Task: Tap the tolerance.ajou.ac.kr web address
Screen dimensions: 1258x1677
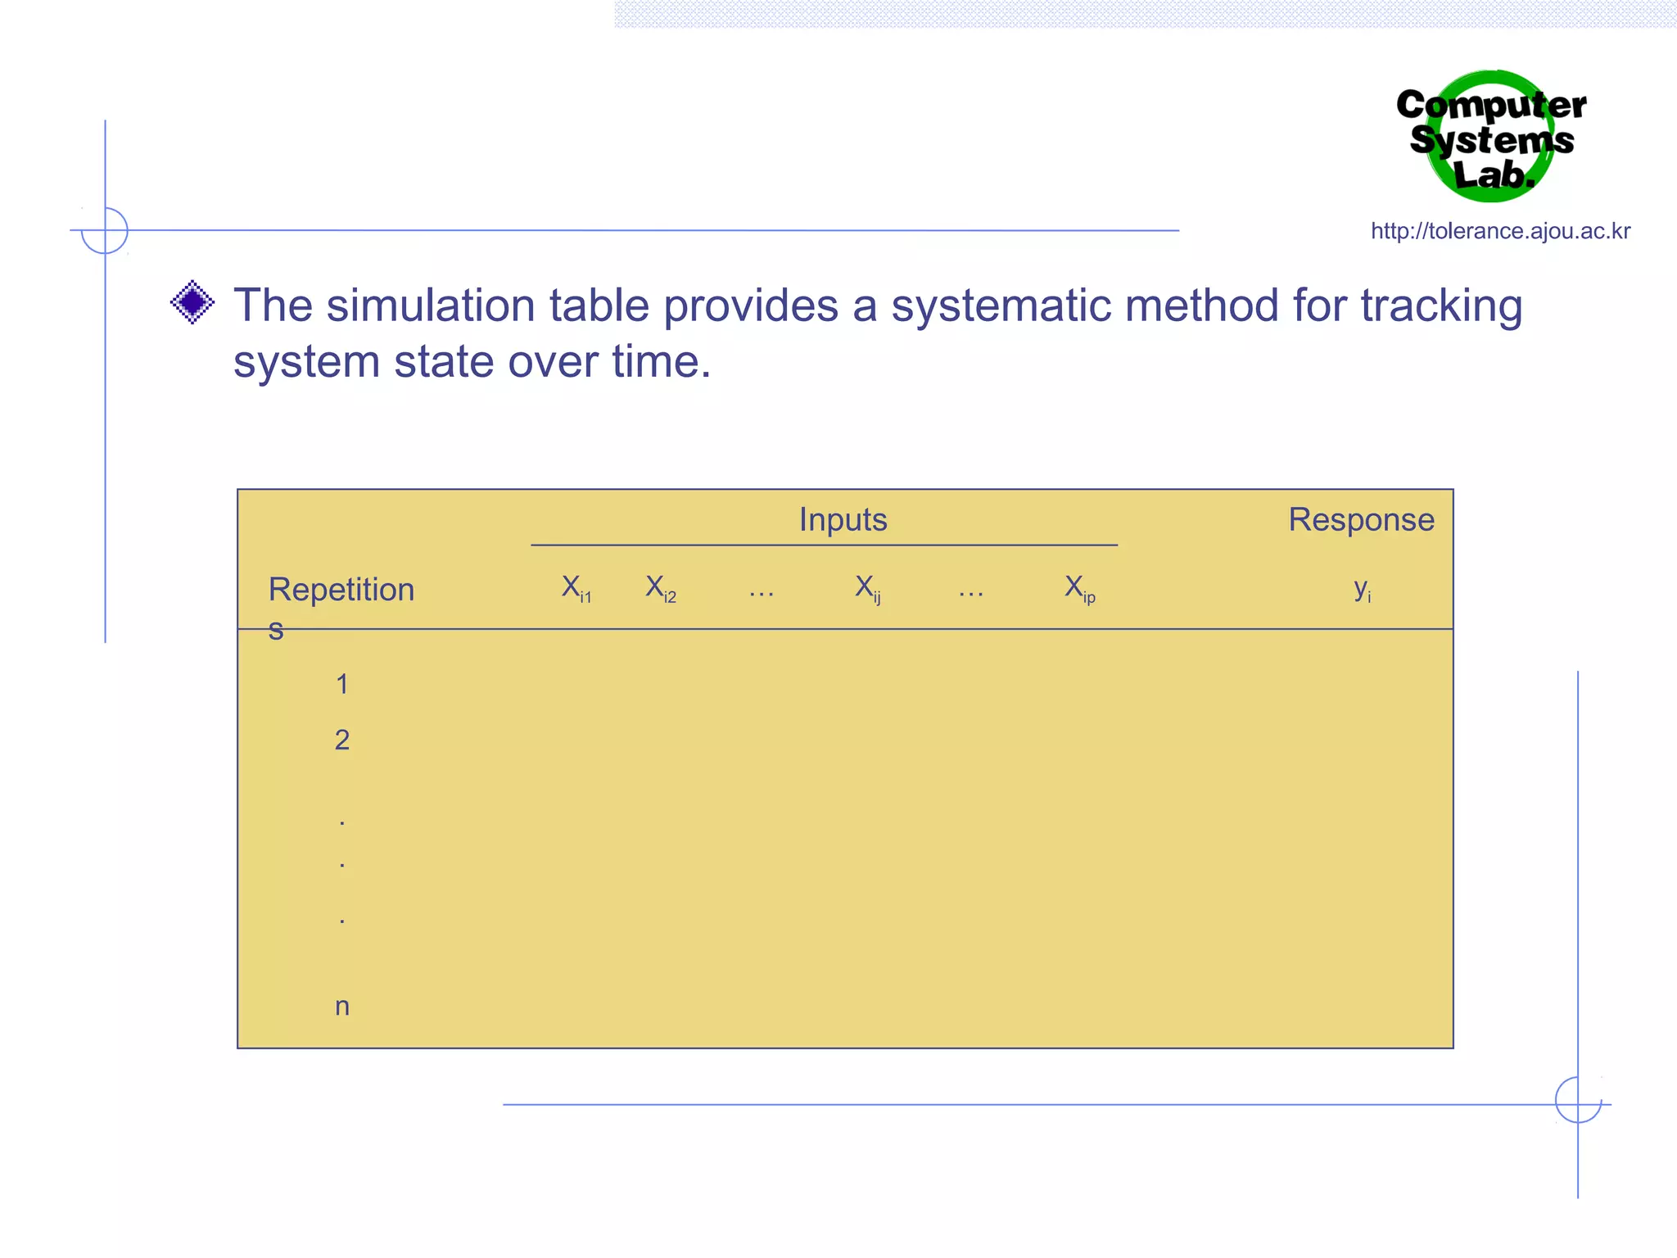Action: [x=1500, y=231]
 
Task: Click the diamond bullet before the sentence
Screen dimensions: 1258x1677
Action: [x=192, y=302]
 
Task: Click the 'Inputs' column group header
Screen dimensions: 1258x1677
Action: [x=843, y=520]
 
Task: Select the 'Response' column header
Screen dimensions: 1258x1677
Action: [x=1361, y=520]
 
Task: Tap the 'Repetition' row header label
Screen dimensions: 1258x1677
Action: [x=341, y=591]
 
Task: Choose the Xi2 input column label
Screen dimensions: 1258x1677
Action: [x=661, y=588]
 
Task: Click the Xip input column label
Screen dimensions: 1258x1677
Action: [x=1079, y=588]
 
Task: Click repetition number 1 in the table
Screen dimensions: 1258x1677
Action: [x=342, y=684]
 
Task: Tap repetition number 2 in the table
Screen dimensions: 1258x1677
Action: [x=342, y=740]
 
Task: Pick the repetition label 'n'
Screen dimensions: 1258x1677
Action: [x=342, y=1007]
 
